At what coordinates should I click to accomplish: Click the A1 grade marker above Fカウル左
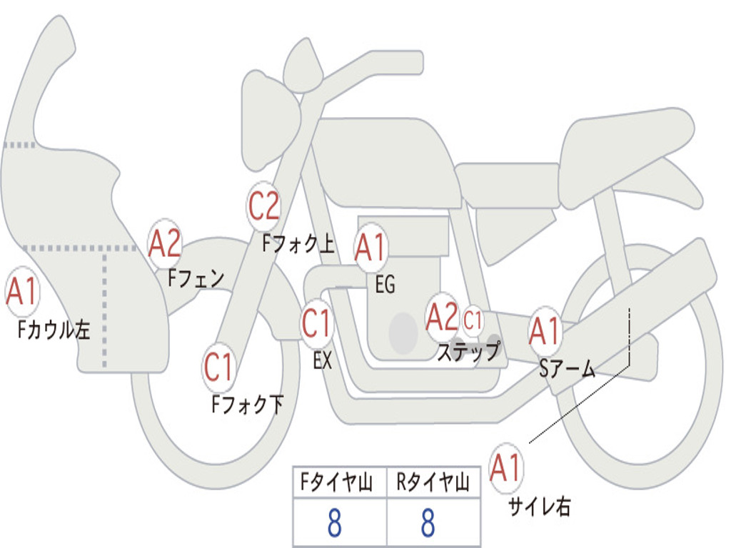tap(22, 292)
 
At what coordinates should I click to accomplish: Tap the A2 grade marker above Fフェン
tap(165, 244)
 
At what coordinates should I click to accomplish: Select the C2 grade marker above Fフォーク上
tap(264, 206)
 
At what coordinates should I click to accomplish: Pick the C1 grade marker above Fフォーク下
tap(218, 367)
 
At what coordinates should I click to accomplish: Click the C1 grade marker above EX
tap(316, 323)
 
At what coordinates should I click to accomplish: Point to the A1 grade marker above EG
tap(370, 248)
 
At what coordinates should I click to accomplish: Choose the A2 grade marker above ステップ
tap(442, 318)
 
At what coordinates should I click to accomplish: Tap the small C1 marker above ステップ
tap(473, 320)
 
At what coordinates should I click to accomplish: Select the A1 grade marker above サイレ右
tap(505, 468)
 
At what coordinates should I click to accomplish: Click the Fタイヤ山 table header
tap(337, 482)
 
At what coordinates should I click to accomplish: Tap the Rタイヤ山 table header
tap(433, 482)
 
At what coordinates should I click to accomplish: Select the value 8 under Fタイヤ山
tap(335, 523)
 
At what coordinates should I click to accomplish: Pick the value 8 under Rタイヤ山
tap(428, 523)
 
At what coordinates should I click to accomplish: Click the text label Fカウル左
tap(54, 330)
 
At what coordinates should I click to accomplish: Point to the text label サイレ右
tap(540, 506)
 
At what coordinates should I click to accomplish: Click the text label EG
tap(385, 284)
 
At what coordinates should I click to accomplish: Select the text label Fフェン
tap(196, 278)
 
